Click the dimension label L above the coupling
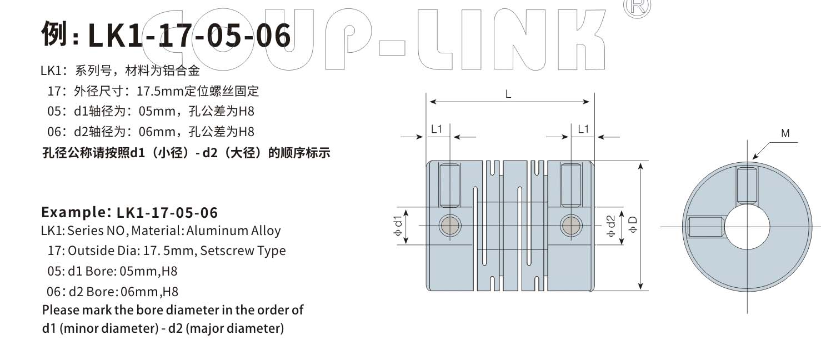[x=508, y=94]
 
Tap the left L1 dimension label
[x=437, y=129]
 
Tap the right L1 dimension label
[x=583, y=129]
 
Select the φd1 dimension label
[x=398, y=226]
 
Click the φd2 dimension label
[x=610, y=226]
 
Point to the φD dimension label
[x=633, y=225]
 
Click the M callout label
[x=785, y=133]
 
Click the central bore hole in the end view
[x=747, y=226]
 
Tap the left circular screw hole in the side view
[x=450, y=225]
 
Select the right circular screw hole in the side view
[x=571, y=225]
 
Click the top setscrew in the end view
[x=747, y=186]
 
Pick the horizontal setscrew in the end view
[x=705, y=227]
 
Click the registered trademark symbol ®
[x=637, y=7]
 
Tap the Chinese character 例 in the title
[x=54, y=34]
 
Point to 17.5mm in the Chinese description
[x=160, y=91]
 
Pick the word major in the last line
[x=236, y=328]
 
